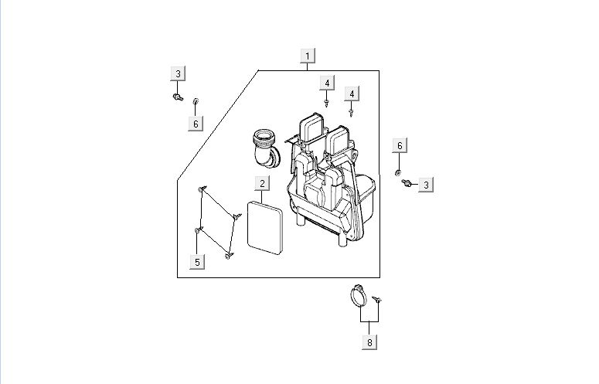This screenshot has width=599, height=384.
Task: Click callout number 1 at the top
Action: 308,56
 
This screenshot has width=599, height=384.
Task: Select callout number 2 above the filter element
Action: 263,183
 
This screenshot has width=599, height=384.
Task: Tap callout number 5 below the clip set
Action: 197,262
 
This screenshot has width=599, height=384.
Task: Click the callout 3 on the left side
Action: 178,74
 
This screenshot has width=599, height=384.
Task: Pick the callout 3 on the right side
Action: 427,184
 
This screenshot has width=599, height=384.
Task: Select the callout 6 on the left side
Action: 196,124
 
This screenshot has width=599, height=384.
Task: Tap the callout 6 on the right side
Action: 400,146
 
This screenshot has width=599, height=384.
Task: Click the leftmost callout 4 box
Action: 328,83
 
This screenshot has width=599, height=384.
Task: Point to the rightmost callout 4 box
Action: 352,93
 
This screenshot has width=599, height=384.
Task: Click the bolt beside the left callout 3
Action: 177,97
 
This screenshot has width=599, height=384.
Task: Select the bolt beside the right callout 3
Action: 406,182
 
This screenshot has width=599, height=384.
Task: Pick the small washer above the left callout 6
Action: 196,101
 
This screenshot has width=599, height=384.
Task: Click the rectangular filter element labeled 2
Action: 263,227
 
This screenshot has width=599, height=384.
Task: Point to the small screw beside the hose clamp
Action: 379,299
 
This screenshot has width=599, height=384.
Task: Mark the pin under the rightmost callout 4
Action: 352,111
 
